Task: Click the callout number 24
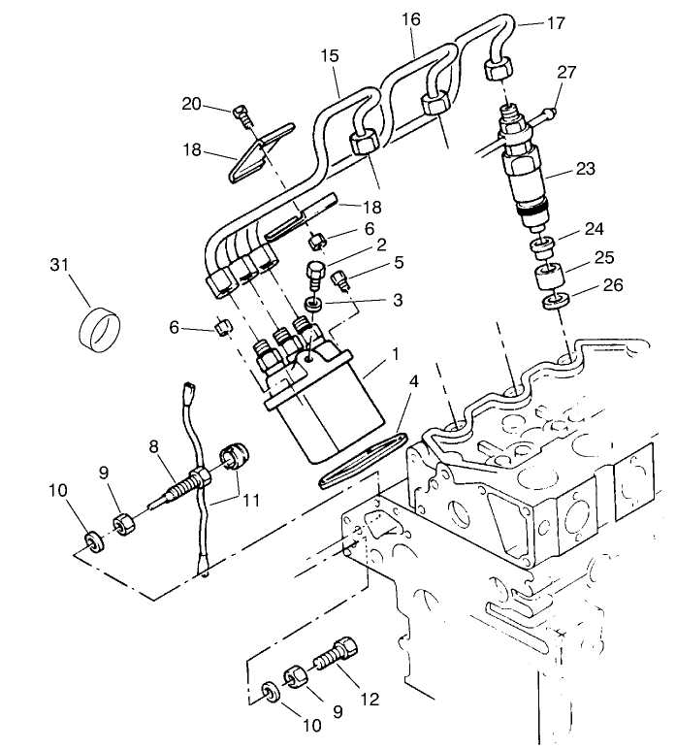click(x=593, y=230)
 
